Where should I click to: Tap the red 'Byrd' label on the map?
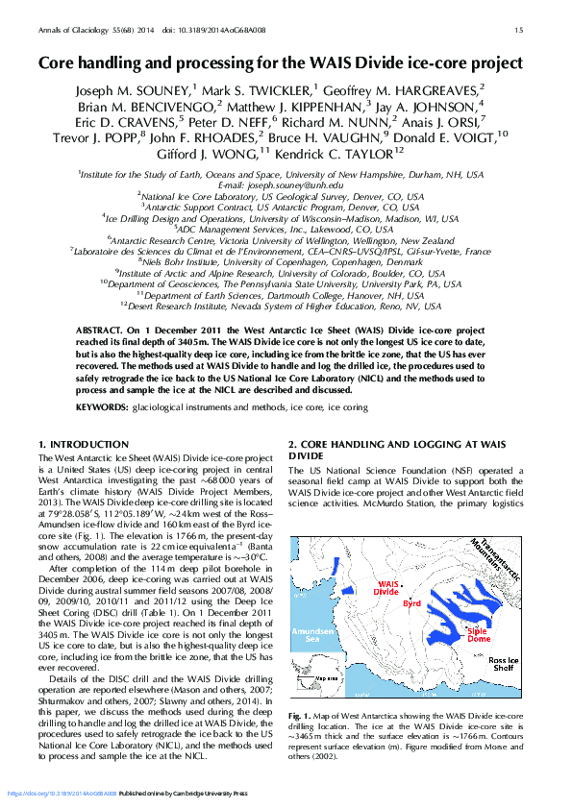(x=412, y=603)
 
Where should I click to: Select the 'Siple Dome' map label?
(x=479, y=634)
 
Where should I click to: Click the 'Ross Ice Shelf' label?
(x=504, y=666)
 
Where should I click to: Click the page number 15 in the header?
(x=519, y=31)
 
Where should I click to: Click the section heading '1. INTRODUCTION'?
(x=83, y=444)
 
